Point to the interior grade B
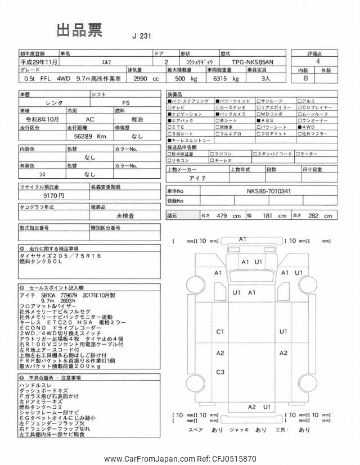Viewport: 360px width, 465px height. pos(306,79)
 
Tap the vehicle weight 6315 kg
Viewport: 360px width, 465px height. pos(222,79)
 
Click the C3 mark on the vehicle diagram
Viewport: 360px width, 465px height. pos(220,372)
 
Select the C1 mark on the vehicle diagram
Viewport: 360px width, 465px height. pos(220,332)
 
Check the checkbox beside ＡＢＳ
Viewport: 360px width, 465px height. pos(258,120)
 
